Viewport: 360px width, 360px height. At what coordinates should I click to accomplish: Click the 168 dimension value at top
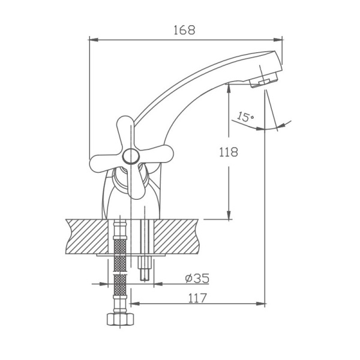[x=184, y=31]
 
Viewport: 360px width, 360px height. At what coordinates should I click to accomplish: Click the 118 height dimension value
[x=228, y=152]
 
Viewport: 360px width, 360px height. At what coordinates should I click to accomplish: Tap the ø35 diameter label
[x=197, y=278]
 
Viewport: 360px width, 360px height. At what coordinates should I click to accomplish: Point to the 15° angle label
[x=245, y=115]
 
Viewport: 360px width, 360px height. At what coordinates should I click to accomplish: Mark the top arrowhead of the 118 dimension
[x=229, y=88]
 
